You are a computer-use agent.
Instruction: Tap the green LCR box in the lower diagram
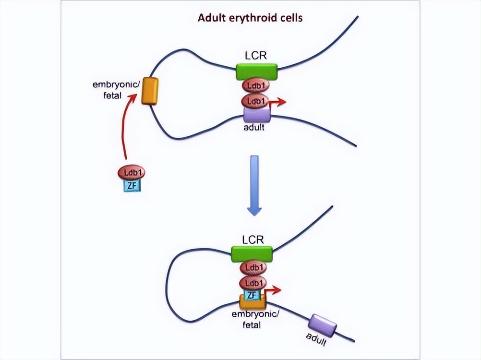tap(252, 253)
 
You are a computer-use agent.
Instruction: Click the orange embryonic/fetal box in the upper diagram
tap(150, 91)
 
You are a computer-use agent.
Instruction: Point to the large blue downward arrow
tap(255, 185)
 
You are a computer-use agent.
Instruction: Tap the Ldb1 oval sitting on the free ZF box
tap(131, 172)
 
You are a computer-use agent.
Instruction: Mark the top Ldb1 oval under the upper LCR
tap(256, 86)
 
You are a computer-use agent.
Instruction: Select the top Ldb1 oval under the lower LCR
tap(252, 267)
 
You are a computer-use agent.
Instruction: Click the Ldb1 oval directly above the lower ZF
tap(252, 283)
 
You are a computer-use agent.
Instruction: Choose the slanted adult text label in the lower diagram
tap(317, 340)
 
